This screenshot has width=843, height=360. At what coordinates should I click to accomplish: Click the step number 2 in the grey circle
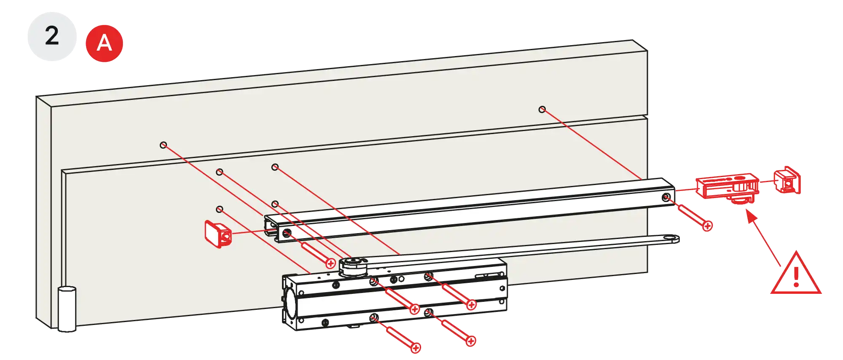point(52,36)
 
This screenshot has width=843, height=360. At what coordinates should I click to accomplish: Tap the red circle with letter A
point(104,43)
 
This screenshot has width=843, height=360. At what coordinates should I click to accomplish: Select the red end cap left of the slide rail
point(217,233)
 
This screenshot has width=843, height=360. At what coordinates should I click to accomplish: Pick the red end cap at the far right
point(787,180)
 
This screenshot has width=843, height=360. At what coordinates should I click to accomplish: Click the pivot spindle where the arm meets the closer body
point(352,266)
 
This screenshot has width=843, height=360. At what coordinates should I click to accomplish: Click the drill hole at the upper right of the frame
point(542,110)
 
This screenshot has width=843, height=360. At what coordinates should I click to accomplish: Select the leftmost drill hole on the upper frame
point(163,145)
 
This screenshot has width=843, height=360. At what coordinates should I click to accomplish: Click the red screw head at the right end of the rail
point(708,226)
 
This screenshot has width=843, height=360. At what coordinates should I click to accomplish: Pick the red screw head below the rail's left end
point(331,264)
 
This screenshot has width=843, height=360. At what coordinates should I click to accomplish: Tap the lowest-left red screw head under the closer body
point(416,348)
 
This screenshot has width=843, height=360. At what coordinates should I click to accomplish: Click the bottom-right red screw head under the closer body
point(471,341)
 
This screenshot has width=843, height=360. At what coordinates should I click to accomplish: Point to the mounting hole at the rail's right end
point(666,197)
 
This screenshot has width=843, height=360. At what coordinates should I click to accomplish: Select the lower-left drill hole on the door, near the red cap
point(219,209)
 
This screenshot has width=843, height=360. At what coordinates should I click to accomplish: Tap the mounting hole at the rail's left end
point(287,233)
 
